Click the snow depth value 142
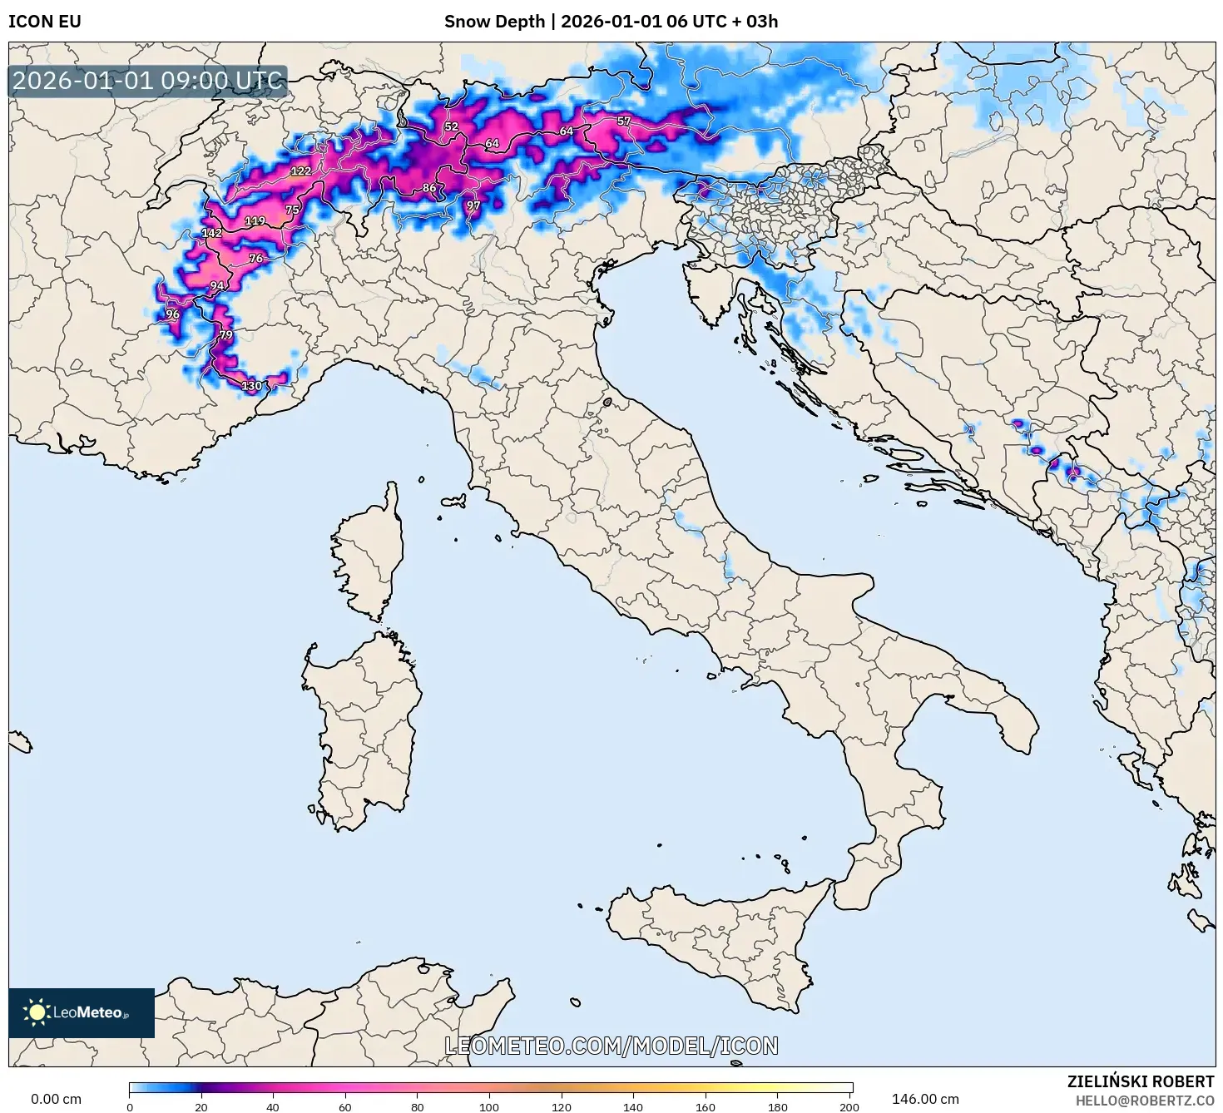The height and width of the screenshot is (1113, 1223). [211, 233]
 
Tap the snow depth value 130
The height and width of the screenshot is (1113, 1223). [251, 385]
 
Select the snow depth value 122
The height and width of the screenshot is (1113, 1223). [300, 171]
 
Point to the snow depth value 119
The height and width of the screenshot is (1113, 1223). [255, 220]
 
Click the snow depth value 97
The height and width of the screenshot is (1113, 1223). [473, 205]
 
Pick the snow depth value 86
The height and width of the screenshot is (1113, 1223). [429, 188]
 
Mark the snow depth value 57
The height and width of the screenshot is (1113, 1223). [623, 121]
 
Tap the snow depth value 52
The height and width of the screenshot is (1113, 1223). [451, 126]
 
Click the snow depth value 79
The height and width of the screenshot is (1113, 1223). [225, 335]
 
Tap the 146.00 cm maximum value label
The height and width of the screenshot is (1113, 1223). [925, 1099]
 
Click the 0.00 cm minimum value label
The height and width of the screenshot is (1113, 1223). [57, 1099]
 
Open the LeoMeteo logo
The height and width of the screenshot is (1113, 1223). [82, 1012]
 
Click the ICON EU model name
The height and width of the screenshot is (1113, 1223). [45, 22]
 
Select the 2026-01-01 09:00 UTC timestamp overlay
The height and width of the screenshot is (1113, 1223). [147, 81]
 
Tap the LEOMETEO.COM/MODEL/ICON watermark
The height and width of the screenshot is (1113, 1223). [611, 1046]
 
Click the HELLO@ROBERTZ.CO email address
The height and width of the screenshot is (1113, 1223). [1144, 1100]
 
